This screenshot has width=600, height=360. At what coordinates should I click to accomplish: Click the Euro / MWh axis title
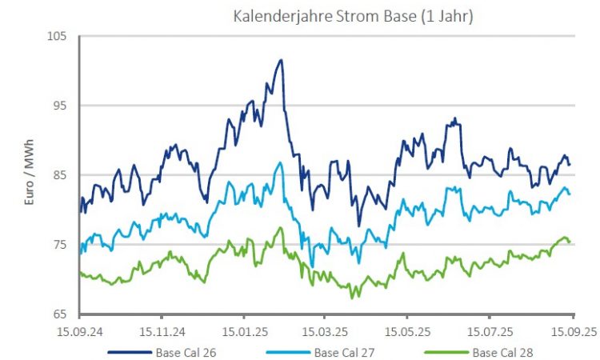pos(30,175)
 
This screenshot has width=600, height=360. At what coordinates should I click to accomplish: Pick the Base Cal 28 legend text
pos(503,351)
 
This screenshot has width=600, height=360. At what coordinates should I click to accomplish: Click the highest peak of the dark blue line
pos(281,60)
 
